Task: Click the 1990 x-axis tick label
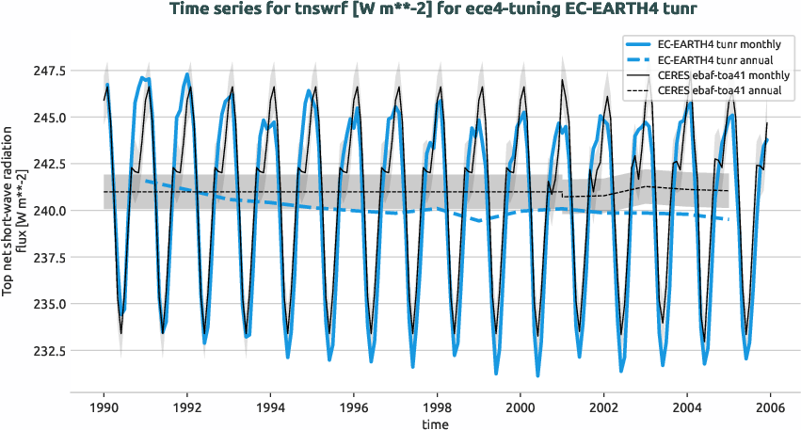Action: click(x=104, y=407)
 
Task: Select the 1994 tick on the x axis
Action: click(x=270, y=407)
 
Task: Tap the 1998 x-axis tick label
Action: click(x=438, y=407)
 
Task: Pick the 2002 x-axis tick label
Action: click(x=604, y=407)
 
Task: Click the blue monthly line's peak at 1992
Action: click(x=187, y=74)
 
